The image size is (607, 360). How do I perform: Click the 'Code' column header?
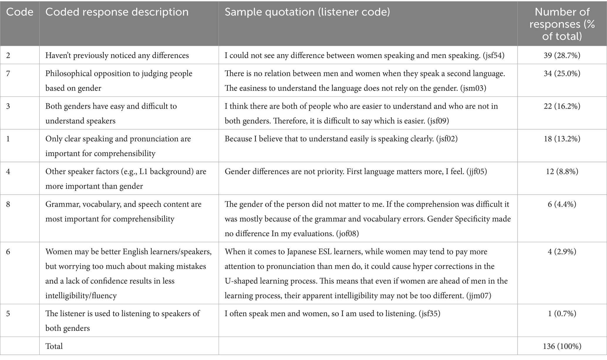[19, 12]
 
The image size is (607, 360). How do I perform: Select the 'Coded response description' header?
[117, 12]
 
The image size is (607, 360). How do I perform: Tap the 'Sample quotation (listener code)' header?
[307, 12]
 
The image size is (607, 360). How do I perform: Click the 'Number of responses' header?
[562, 24]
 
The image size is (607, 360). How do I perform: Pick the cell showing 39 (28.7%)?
[562, 55]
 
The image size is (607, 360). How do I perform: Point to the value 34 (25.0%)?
[562, 73]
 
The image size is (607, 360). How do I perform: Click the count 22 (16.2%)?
[562, 106]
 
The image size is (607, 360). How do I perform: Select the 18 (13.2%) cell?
[562, 139]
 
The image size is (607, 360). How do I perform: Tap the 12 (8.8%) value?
[562, 171]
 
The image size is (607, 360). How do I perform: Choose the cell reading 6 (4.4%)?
[562, 204]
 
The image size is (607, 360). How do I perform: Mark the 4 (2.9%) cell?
[562, 251]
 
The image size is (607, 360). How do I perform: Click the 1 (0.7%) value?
[562, 313]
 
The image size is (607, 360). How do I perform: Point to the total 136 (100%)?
[562, 346]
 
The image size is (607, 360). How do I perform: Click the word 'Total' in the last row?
[54, 346]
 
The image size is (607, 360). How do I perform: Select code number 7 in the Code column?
[8, 73]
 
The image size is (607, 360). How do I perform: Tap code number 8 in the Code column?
[8, 204]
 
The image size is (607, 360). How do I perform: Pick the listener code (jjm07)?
[479, 295]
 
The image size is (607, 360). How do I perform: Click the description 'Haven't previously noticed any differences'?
[117, 55]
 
